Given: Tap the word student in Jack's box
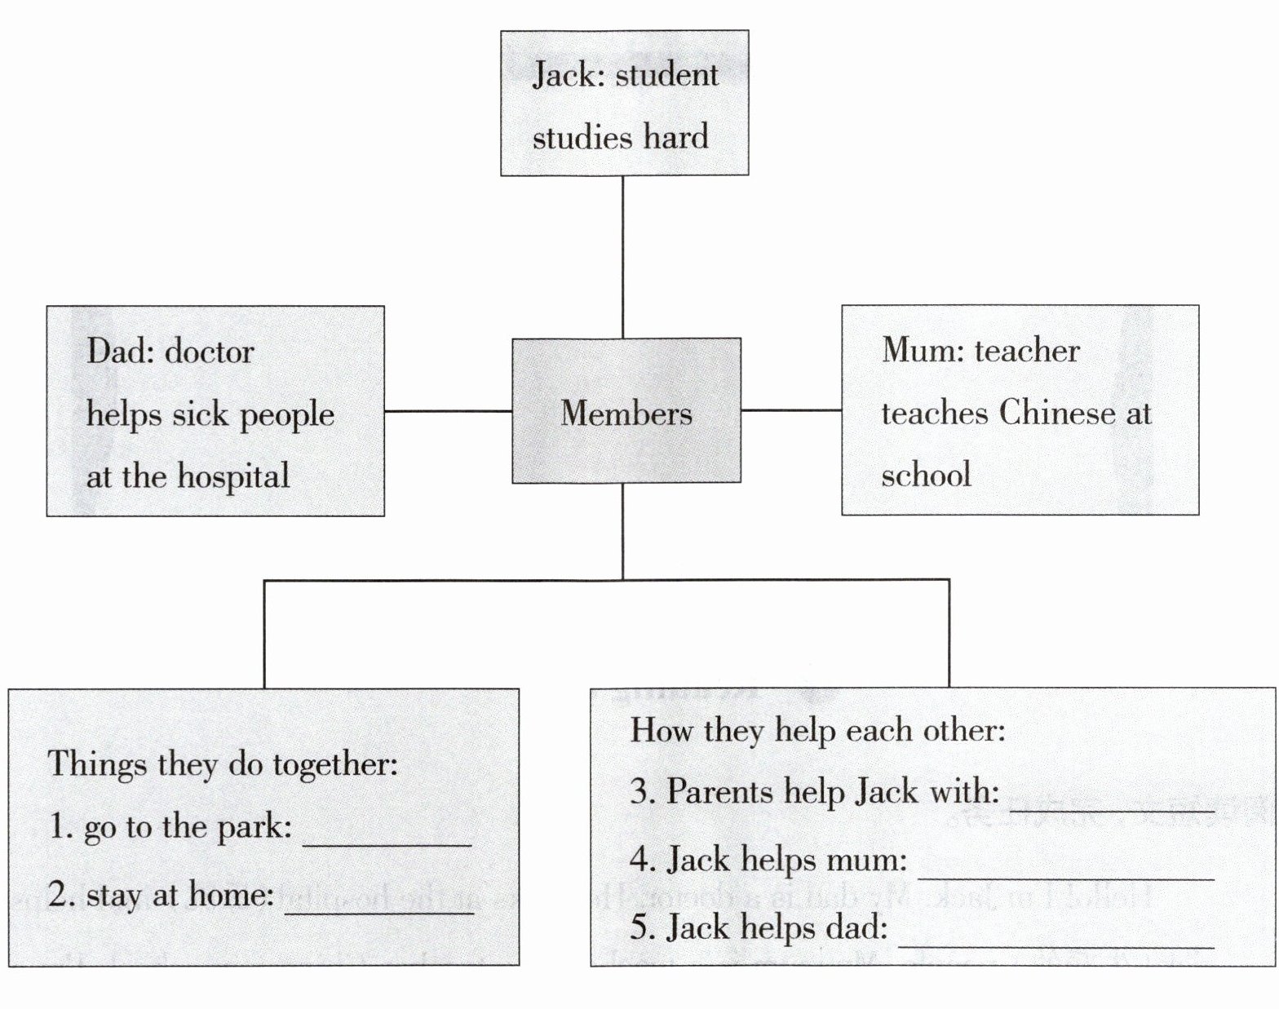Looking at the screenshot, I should click(x=666, y=75).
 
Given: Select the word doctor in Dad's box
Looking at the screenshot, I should click(x=210, y=352).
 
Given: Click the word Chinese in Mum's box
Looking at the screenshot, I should click(x=1057, y=413).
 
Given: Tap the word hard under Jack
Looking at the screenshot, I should click(x=675, y=137).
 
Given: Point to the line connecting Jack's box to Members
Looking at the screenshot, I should click(x=623, y=257).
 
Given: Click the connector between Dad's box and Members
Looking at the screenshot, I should click(x=448, y=411).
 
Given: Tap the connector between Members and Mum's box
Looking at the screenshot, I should click(x=791, y=410).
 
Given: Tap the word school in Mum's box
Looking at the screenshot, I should click(x=926, y=475).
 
